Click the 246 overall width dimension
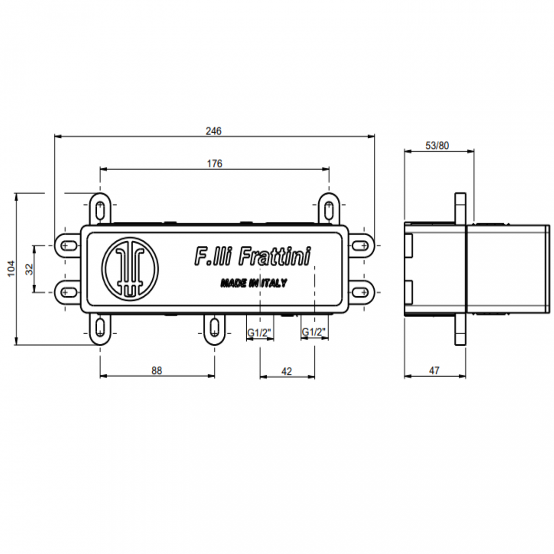(x=214, y=131)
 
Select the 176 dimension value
(x=214, y=164)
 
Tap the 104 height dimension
(x=11, y=268)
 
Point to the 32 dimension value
(x=29, y=269)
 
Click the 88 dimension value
(x=157, y=371)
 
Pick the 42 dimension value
(x=287, y=372)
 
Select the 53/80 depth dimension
(x=437, y=146)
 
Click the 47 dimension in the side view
(x=434, y=371)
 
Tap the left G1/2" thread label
(x=259, y=333)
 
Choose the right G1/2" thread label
(x=313, y=332)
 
